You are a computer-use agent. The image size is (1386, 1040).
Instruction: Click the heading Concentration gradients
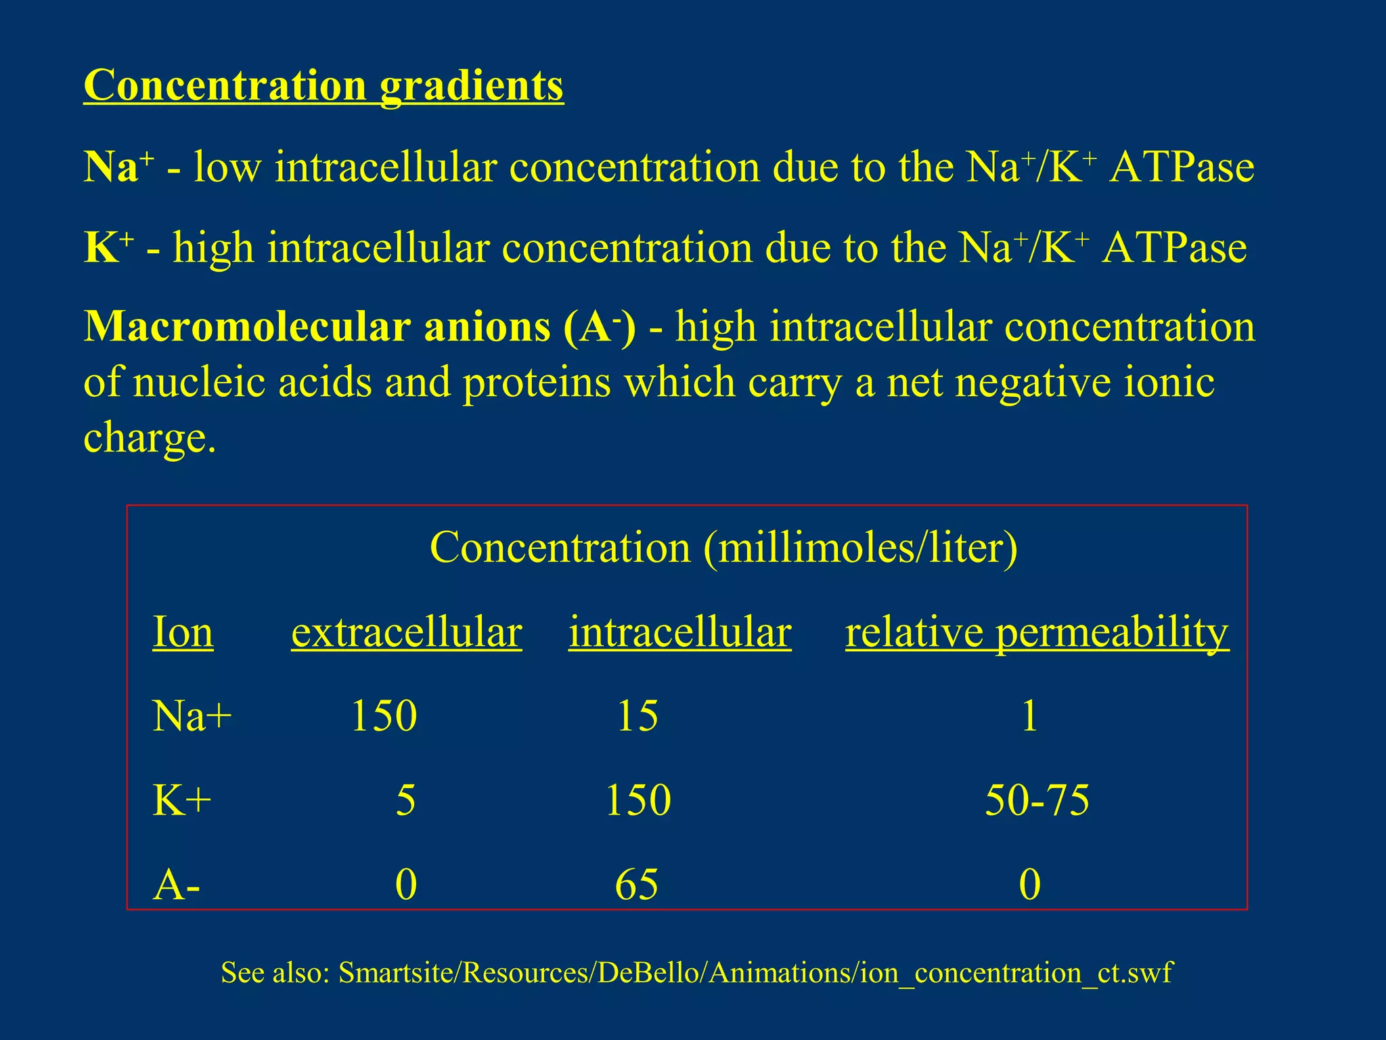[x=323, y=86]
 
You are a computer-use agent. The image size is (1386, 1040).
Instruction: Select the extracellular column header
[x=406, y=632]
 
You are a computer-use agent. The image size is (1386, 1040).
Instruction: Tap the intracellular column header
[x=679, y=632]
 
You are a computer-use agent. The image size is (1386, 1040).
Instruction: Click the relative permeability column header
[x=1037, y=632]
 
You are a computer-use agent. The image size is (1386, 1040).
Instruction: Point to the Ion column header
[x=183, y=632]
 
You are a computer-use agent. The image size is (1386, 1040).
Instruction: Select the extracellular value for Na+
[x=384, y=716]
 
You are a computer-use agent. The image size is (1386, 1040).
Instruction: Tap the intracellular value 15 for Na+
[x=638, y=716]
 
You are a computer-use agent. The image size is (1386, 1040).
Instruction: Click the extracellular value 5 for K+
[x=405, y=800]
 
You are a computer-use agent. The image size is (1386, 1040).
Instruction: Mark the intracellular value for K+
[x=638, y=800]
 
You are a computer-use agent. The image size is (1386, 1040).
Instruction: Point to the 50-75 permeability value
[x=1037, y=800]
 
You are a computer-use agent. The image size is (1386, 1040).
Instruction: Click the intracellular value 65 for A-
[x=637, y=885]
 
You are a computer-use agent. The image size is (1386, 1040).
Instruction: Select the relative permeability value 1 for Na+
[x=1029, y=716]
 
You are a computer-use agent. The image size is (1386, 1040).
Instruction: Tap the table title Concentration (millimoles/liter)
[x=723, y=547]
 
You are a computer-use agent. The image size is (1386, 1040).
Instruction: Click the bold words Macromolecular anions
[x=317, y=327]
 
